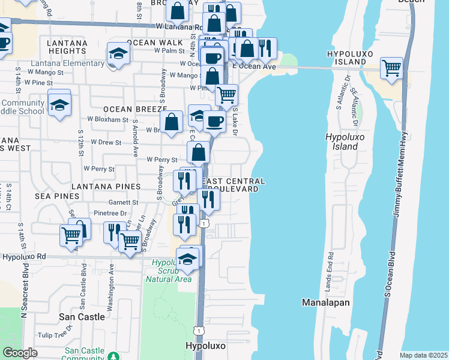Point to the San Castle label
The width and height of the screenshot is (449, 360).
pos(82,316)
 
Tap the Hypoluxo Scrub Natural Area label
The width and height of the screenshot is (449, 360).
pos(171,271)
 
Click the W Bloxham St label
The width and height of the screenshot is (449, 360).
pos(109,119)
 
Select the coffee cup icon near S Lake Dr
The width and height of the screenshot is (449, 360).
pos(214,122)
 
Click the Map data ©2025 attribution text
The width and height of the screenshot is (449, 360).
pos(423,355)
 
